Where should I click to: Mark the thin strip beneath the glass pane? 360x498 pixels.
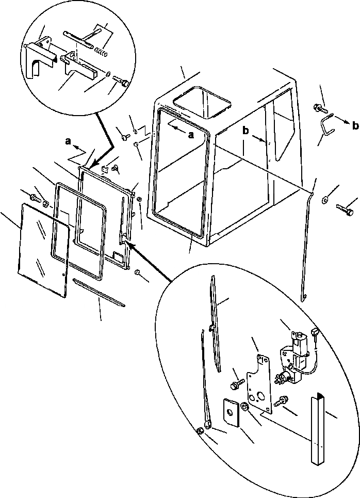tap(99, 292)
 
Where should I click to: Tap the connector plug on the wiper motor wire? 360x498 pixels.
tap(314, 335)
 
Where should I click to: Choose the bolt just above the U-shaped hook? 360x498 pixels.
tap(318, 109)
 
